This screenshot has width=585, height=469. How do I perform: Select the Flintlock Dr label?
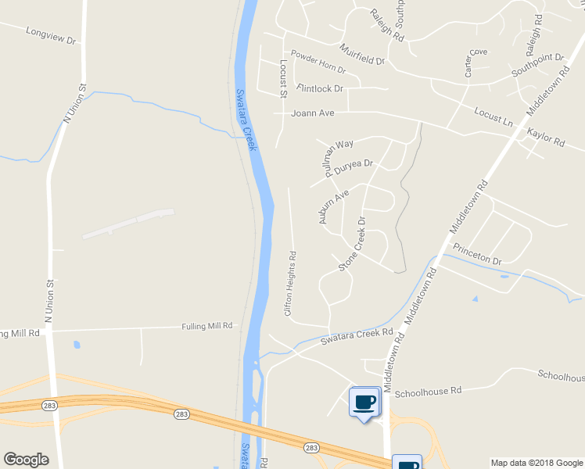click(x=320, y=88)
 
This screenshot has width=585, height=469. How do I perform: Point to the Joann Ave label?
click(x=312, y=113)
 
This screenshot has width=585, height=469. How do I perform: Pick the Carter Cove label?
click(x=475, y=63)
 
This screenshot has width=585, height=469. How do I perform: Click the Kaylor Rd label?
click(x=545, y=138)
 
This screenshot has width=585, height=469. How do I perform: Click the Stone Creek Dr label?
click(x=352, y=244)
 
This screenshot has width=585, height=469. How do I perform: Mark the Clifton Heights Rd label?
click(x=290, y=282)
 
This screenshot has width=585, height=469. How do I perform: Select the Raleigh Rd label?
click(x=387, y=26)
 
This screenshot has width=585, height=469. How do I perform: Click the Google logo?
click(x=26, y=460)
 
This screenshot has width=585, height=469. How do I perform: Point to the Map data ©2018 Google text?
click(x=536, y=463)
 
